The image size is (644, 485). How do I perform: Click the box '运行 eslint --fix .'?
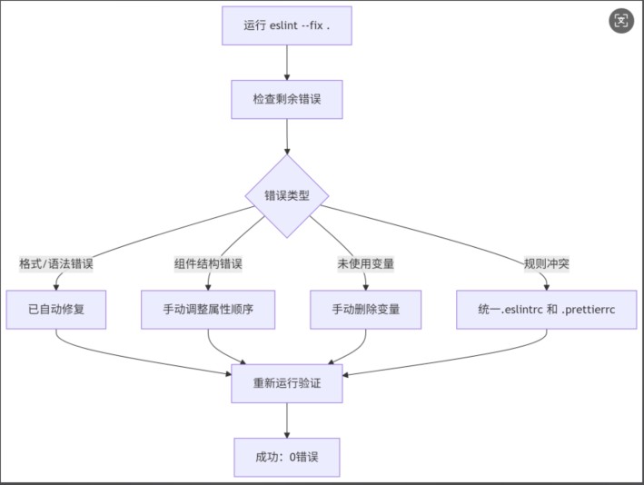tap(287, 25)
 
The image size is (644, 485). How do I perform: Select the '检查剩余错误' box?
tap(287, 99)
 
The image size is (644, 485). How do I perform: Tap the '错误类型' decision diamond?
tap(287, 196)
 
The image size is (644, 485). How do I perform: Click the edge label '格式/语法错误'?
tap(56, 263)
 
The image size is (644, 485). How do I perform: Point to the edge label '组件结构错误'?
tap(208, 263)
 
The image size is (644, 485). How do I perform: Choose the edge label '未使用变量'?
tap(365, 263)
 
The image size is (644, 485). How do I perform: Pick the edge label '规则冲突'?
tap(546, 263)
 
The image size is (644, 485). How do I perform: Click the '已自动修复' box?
tap(55, 310)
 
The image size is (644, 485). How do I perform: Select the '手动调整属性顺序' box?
tap(208, 310)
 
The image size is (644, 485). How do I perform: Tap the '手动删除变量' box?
tap(365, 310)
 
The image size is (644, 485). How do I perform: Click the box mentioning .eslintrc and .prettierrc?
tap(546, 310)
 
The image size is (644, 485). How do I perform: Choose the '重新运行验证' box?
tap(287, 383)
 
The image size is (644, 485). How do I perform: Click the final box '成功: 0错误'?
tap(287, 458)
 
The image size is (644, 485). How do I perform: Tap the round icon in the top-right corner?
tap(621, 21)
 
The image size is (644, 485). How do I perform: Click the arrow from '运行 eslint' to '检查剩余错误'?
tap(287, 63)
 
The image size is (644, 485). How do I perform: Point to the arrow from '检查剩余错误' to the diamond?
tap(287, 137)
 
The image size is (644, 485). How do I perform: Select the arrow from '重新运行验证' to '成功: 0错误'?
tap(287, 421)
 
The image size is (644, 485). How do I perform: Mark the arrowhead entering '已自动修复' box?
tap(56, 288)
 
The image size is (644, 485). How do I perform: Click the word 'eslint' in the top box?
tap(283, 25)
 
